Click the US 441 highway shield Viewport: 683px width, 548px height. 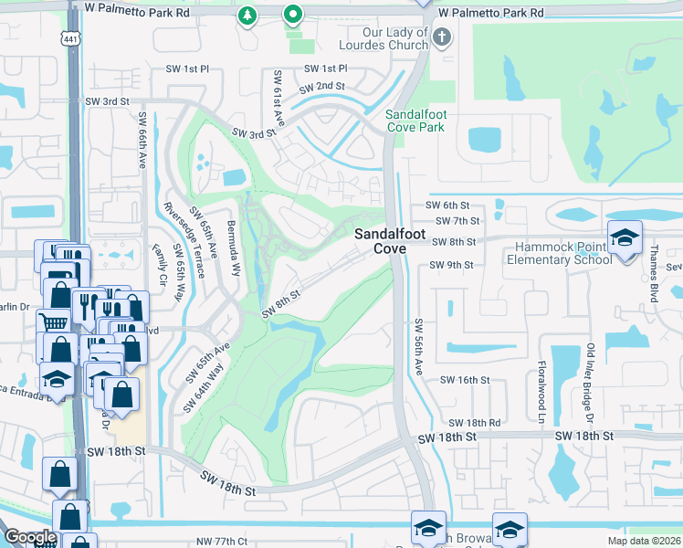coord(73,37)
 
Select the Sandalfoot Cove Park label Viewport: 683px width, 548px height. coord(415,121)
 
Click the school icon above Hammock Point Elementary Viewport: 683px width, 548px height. coord(625,237)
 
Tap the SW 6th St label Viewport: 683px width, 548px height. coord(453,205)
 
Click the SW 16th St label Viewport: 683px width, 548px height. coord(465,379)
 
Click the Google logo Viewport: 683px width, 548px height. coord(30,537)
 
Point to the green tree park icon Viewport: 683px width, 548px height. coord(246,16)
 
